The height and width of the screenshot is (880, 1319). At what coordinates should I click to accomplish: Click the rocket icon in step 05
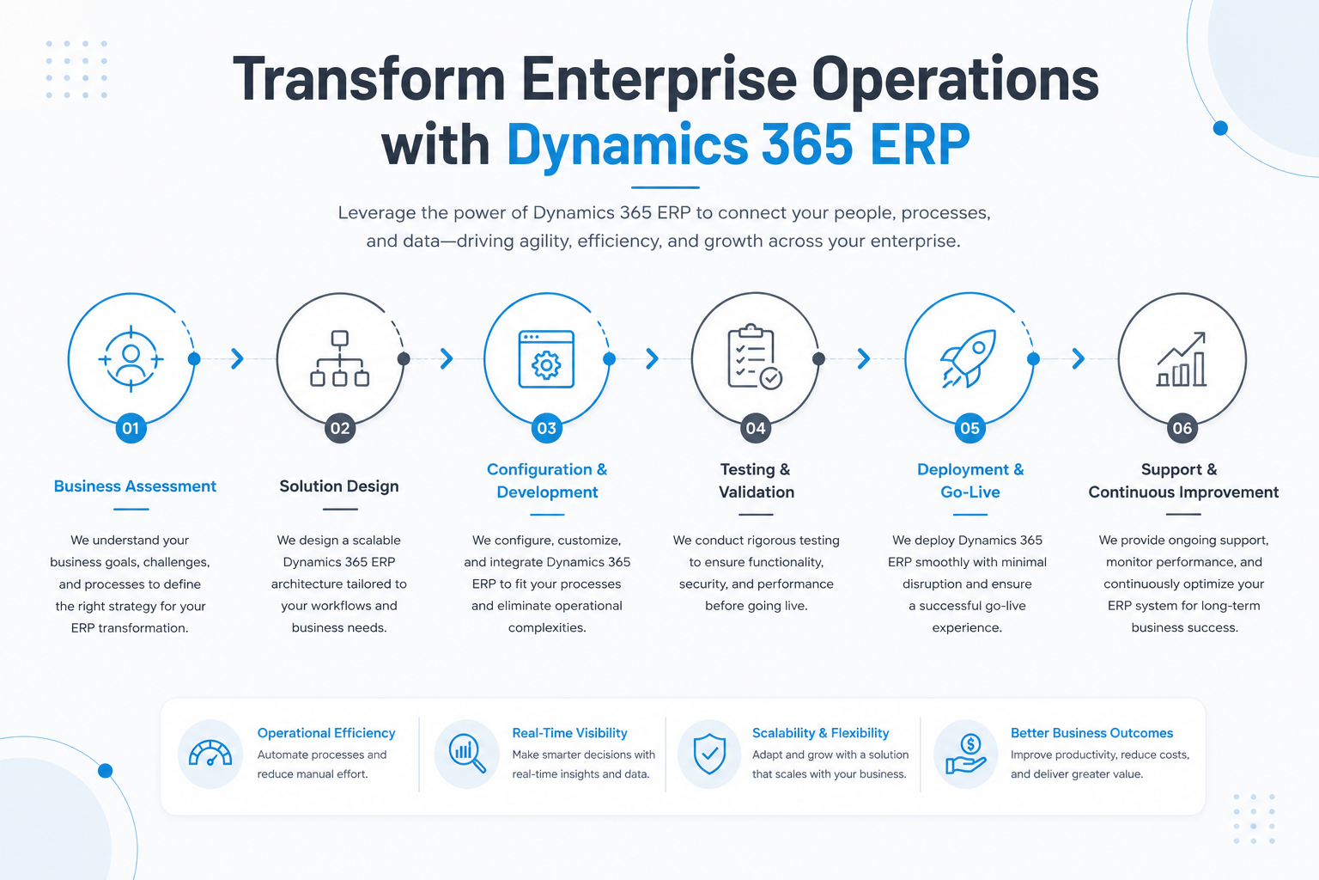968,358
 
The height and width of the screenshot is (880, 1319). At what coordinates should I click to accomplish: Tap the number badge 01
131,428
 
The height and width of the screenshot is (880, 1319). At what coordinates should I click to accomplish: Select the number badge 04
756,428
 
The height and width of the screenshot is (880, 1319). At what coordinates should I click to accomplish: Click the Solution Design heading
339,486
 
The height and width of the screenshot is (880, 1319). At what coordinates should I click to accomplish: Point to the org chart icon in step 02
340,358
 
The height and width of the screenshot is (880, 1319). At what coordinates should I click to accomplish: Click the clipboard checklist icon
755,357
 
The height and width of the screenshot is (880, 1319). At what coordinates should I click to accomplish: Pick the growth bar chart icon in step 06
1182,359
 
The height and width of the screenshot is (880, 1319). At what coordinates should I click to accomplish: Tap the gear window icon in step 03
546,359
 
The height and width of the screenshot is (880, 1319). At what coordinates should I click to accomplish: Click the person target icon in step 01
131,359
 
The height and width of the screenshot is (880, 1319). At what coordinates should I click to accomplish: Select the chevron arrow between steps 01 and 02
237,358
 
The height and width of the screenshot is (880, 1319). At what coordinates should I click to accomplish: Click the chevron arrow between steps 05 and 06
1079,358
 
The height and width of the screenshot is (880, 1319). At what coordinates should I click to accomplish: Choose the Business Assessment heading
135,486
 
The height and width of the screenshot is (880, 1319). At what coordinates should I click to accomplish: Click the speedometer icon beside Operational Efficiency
210,754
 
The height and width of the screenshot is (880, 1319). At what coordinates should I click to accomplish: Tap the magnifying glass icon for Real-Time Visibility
467,754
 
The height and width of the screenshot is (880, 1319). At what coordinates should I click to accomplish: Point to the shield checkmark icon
709,754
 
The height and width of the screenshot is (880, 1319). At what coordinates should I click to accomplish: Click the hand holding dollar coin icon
966,754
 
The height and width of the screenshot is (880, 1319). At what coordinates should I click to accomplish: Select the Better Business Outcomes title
1091,733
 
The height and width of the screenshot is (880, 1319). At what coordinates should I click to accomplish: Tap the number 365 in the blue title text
806,144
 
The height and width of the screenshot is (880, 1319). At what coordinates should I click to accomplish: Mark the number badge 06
1182,428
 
